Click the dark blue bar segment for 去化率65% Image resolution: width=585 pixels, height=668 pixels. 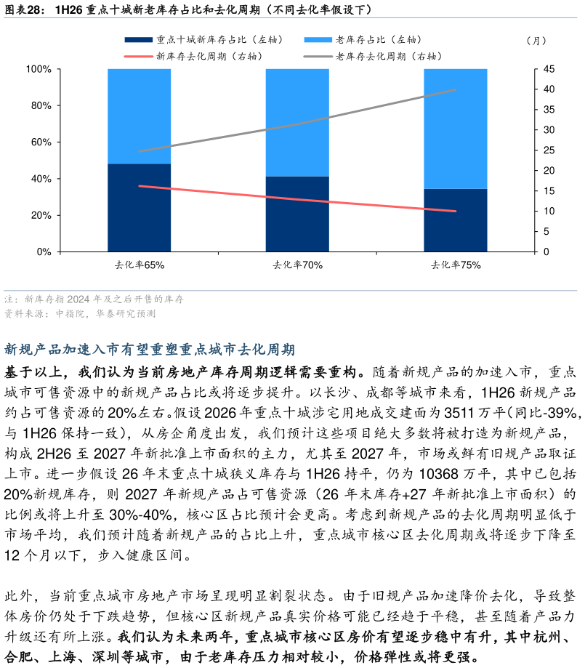(x=140, y=207)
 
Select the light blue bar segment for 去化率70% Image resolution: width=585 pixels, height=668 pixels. (x=297, y=123)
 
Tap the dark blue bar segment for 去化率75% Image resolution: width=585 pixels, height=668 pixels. (x=456, y=220)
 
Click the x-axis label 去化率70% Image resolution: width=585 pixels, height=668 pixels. (x=297, y=265)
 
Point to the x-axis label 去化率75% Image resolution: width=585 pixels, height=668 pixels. (x=456, y=265)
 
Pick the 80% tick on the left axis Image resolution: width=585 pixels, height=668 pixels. (x=41, y=105)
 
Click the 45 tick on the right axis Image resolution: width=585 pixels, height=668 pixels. (x=549, y=69)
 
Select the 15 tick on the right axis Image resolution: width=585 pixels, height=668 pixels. (x=549, y=191)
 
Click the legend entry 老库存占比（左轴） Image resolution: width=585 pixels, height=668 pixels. (x=363, y=40)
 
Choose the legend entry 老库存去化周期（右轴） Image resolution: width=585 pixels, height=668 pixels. (x=373, y=56)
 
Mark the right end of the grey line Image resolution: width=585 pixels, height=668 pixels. (x=456, y=90)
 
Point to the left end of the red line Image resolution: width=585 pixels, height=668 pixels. (x=140, y=186)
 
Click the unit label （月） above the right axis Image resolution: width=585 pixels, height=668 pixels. (x=536, y=41)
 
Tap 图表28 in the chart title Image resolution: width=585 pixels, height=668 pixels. (x=23, y=9)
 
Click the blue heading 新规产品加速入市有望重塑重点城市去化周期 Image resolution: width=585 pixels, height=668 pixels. (x=150, y=350)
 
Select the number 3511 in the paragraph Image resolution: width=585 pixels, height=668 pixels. (x=459, y=412)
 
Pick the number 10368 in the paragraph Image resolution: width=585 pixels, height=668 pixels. (x=438, y=474)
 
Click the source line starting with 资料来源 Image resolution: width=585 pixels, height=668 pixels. (x=80, y=313)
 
